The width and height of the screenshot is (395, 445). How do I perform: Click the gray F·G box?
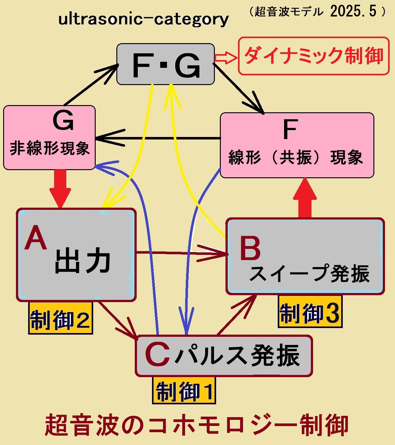[165, 64]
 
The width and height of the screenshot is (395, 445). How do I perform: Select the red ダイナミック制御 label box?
[314, 56]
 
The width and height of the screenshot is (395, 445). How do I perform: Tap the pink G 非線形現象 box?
[49, 138]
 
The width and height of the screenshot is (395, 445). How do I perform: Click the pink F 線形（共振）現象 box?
[297, 145]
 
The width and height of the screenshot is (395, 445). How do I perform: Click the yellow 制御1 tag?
[184, 391]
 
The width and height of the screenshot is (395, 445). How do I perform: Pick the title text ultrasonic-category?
[144, 19]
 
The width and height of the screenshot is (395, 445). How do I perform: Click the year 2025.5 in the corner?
[353, 12]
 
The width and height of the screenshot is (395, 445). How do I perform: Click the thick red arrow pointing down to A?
[60, 188]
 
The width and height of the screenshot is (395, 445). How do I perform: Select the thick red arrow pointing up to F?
[305, 198]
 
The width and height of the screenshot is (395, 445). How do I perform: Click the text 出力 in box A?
[83, 261]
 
